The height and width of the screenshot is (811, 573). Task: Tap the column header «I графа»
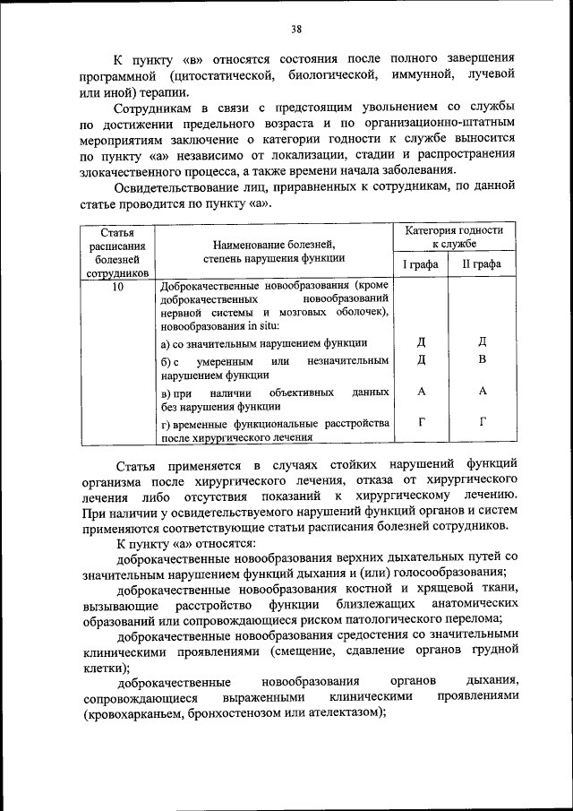pyautogui.click(x=419, y=264)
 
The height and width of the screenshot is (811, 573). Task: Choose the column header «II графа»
pyautogui.click(x=482, y=264)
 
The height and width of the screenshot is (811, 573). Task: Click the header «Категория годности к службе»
pyautogui.click(x=454, y=237)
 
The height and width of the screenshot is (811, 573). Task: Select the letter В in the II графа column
pyautogui.click(x=482, y=359)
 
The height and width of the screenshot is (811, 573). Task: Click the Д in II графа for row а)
pyautogui.click(x=482, y=341)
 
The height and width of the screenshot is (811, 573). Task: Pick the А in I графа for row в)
pyautogui.click(x=421, y=392)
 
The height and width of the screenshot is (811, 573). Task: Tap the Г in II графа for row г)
pyautogui.click(x=482, y=422)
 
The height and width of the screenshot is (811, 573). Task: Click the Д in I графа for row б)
pyautogui.click(x=421, y=359)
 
